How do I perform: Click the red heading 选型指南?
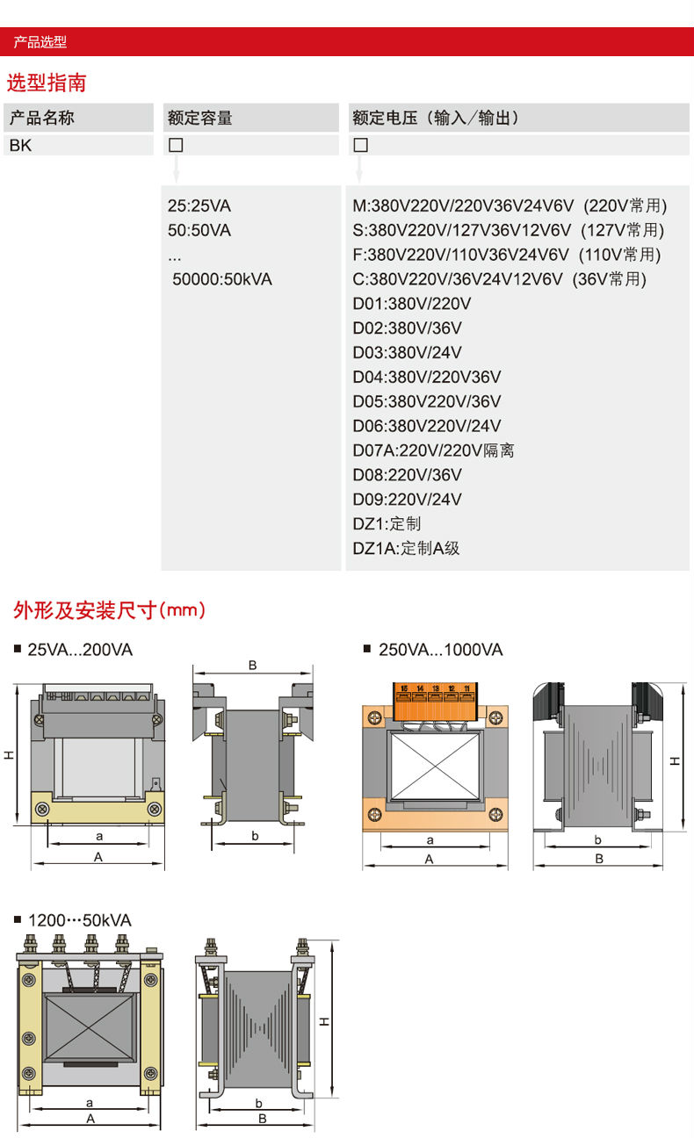click(47, 84)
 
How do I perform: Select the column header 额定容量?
click(200, 119)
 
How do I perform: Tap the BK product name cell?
click(21, 146)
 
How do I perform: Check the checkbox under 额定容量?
click(176, 146)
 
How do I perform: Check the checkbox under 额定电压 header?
click(360, 146)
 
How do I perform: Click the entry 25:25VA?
click(199, 206)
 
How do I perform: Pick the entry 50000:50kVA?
click(222, 280)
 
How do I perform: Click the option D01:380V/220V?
click(412, 304)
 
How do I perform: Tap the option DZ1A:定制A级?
click(406, 549)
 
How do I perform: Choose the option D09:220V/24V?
click(407, 500)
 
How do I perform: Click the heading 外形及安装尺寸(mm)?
click(110, 610)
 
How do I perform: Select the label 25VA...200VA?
click(80, 651)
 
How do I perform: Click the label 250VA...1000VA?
click(440, 651)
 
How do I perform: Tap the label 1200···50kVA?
click(79, 921)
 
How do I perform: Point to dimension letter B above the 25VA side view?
click(252, 666)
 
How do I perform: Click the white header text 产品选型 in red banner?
click(40, 42)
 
